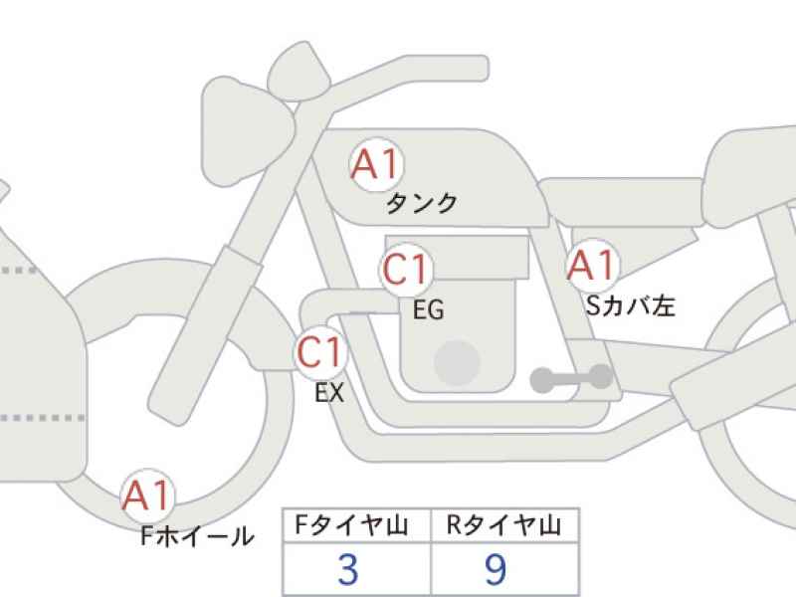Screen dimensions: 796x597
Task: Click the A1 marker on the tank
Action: pos(377,165)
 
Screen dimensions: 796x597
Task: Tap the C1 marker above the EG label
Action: pos(406,269)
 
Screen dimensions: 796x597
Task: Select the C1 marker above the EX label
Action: pos(320,352)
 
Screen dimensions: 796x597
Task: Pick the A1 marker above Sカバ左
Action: pos(592,266)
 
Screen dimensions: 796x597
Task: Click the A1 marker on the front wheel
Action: pos(147,496)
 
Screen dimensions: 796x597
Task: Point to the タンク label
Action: pos(422,204)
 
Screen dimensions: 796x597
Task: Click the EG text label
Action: pos(429,309)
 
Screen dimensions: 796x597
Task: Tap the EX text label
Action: pos(329,392)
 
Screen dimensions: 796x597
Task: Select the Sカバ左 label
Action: pos(631,305)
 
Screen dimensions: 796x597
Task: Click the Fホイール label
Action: pos(197,536)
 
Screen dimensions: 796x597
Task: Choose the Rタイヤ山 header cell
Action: pos(504,525)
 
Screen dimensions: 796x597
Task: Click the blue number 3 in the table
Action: pos(348,569)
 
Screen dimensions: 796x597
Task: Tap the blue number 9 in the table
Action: pos(496,569)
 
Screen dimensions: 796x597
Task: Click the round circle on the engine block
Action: pos(458,363)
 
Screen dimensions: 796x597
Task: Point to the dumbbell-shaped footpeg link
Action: pos(571,378)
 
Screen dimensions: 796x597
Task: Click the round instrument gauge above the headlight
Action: pos(299,71)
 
